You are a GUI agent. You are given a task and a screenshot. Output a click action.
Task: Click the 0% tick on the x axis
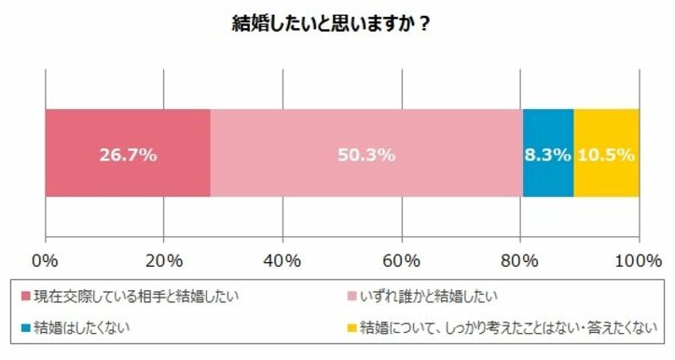coord(45,257)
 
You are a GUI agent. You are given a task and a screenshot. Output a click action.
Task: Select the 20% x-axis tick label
coord(163,257)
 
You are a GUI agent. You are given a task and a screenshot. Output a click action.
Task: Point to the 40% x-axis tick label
coord(282,257)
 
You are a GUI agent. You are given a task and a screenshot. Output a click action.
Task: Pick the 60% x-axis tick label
coord(401,257)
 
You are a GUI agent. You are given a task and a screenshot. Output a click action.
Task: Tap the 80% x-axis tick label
coord(519,257)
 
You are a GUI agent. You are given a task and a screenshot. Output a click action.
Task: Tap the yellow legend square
coord(351,328)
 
